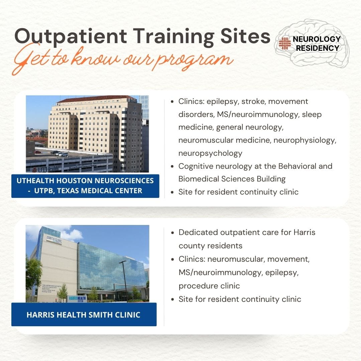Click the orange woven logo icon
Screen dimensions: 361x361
(x=284, y=43)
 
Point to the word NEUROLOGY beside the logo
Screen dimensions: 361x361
(x=316, y=39)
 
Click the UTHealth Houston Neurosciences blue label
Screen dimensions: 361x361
(x=85, y=186)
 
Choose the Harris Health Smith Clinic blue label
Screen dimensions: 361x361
(x=84, y=315)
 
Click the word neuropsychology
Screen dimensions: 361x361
(x=210, y=153)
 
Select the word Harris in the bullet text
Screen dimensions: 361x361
(x=304, y=232)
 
